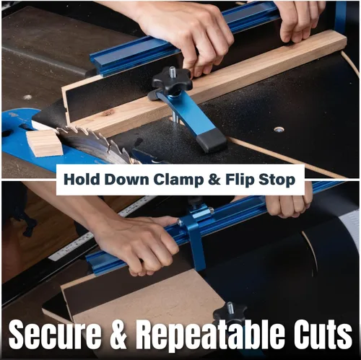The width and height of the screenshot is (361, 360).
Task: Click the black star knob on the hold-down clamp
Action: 172,79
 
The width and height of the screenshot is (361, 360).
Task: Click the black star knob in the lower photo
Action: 230,313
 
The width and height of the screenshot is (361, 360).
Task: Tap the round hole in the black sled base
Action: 279,130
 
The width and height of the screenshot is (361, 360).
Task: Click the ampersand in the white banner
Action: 214,180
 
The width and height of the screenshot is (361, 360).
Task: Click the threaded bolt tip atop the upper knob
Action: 173,71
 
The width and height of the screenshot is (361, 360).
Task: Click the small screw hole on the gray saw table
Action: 27,97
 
